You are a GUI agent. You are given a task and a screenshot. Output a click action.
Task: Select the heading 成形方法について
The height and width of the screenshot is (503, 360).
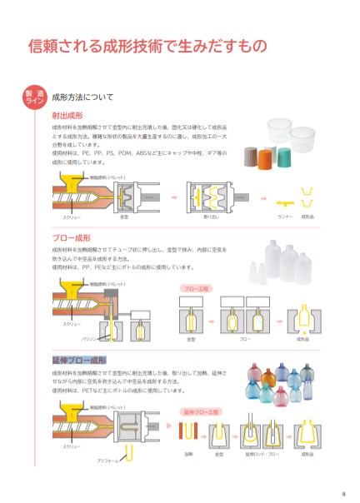click(82, 97)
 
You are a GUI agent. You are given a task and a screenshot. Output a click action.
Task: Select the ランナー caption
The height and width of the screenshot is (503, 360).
click(283, 217)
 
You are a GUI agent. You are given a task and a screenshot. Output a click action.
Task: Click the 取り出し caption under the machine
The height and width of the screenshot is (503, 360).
click(211, 217)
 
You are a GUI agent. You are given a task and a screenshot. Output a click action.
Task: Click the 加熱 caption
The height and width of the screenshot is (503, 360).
click(189, 455)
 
